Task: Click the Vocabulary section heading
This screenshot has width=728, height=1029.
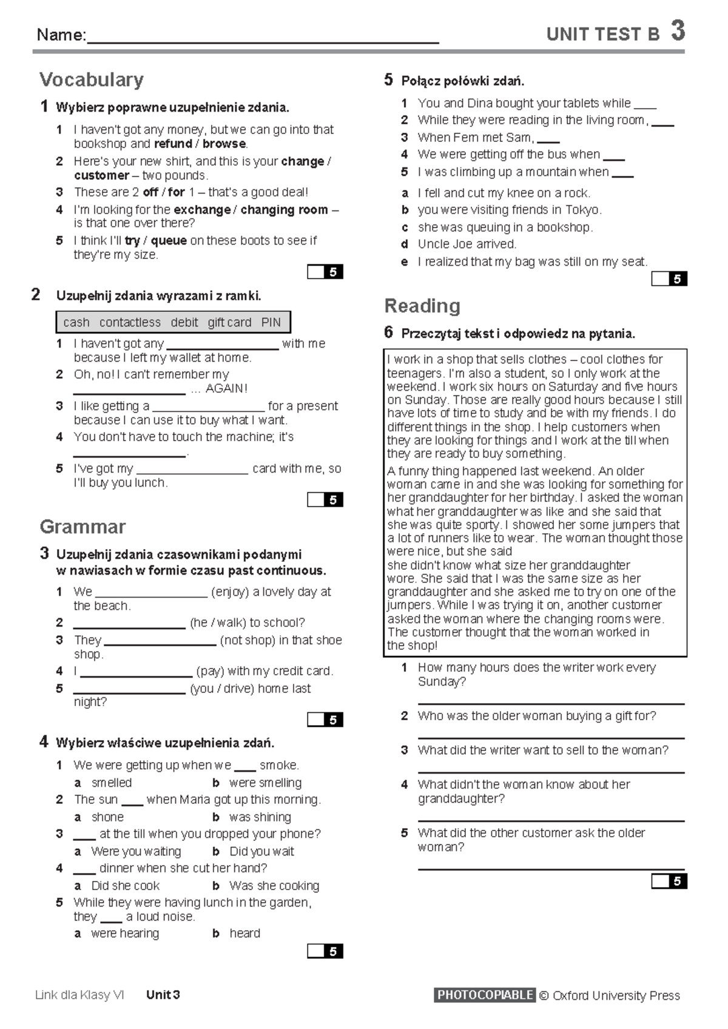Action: point(92,79)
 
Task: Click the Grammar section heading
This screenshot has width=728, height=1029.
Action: point(83,526)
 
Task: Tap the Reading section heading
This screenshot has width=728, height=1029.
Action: point(422,305)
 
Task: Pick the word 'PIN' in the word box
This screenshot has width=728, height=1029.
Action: point(271,323)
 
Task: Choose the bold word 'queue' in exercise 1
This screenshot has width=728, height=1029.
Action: point(169,241)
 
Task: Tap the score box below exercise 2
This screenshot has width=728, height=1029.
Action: point(325,499)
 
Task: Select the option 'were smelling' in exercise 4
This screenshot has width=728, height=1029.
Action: point(265,783)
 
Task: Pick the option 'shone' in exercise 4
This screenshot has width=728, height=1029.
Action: point(107,817)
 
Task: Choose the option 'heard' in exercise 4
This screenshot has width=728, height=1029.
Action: point(244,933)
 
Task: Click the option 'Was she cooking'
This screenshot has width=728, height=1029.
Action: point(274,886)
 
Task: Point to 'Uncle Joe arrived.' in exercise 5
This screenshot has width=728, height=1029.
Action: point(467,244)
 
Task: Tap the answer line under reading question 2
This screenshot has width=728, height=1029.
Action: point(551,737)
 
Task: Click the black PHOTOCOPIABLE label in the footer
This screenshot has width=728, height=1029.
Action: point(485,995)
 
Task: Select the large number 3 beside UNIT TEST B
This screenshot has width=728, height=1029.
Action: point(678,31)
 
